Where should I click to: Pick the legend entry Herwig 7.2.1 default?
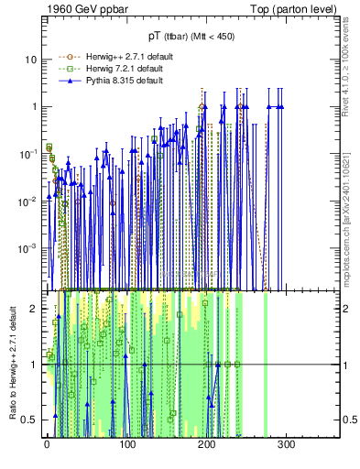[x=103, y=69]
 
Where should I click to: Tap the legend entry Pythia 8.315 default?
[x=103, y=81]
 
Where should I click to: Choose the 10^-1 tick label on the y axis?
[x=27, y=154]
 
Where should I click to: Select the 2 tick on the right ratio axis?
[x=346, y=309]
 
